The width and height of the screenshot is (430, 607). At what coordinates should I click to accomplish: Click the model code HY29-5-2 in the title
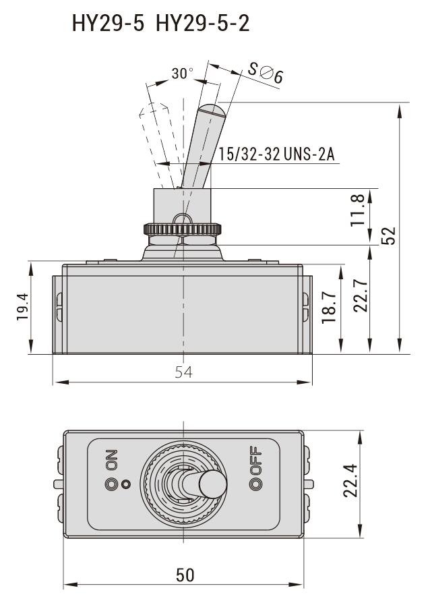coord(202,24)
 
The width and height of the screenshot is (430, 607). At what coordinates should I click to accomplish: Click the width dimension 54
coord(183,372)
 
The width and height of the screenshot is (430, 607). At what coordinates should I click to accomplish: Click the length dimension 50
coord(185,575)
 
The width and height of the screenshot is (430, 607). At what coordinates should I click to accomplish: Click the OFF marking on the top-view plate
coord(255,461)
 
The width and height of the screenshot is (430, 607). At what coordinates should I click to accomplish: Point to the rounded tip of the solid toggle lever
coord(212,109)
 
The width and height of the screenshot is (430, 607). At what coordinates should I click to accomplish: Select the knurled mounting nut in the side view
coord(183,230)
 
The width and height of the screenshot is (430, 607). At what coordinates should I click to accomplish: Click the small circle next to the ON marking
coord(125,484)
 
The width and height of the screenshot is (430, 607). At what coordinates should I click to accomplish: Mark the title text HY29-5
coord(108,24)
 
